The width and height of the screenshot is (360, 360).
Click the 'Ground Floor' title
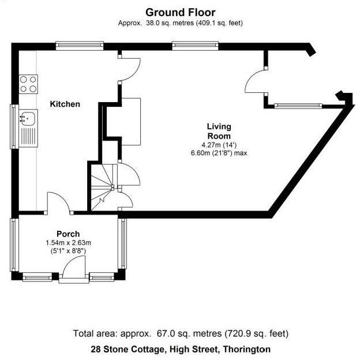(x=180, y=12)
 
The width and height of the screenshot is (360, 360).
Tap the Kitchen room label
(x=65, y=104)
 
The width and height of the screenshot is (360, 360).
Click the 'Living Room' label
(x=219, y=131)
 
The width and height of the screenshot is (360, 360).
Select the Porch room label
(x=68, y=234)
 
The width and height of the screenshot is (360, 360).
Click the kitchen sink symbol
(x=27, y=118)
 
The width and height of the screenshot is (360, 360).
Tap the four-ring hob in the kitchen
(x=29, y=84)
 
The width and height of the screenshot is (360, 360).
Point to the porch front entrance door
(x=74, y=270)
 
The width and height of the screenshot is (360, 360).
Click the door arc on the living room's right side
(x=256, y=82)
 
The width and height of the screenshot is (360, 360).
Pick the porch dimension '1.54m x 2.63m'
(x=68, y=243)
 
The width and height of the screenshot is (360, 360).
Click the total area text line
(x=180, y=333)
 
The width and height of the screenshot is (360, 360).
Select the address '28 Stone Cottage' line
(x=180, y=349)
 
